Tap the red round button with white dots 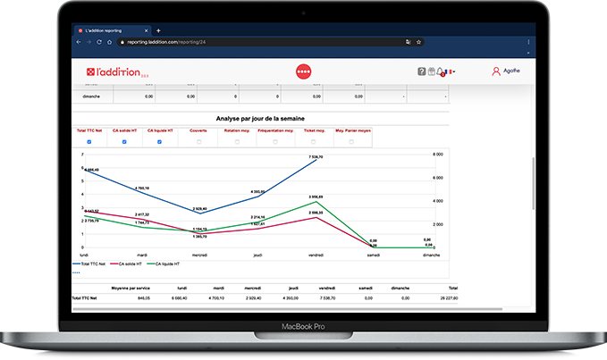tap(303, 71)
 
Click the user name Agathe tap(511, 71)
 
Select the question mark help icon tap(422, 71)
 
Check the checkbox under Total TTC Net tap(89, 142)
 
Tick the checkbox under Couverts tap(198, 142)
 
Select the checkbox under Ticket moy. tap(313, 142)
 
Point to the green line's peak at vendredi tap(315, 201)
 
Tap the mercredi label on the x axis tap(199, 255)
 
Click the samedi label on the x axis tap(373, 255)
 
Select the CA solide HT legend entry tap(130, 264)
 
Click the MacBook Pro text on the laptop tap(302, 327)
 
